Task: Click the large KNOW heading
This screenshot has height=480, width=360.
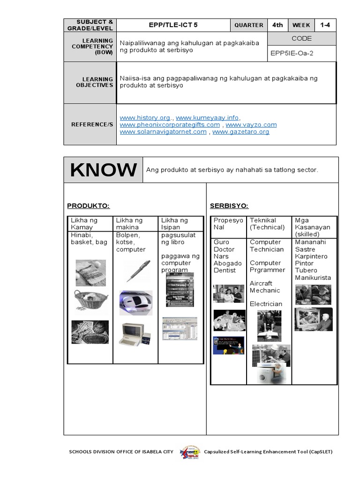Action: pos(104,170)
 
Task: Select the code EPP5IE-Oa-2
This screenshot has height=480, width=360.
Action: pos(292,53)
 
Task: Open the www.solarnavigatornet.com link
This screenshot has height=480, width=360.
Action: pos(163,132)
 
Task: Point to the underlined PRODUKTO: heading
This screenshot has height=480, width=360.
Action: pos(88,206)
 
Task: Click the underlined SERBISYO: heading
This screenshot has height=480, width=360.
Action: pos(229,206)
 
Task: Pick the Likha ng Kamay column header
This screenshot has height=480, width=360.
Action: pos(84,224)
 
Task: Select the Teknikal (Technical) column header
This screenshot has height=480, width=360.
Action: pos(267,224)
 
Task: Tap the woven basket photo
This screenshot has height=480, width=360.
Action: pos(90,300)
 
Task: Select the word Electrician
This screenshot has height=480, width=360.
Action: pos(266,304)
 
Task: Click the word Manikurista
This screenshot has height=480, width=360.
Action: pos(313,277)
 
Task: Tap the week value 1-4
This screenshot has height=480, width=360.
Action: pos(325,25)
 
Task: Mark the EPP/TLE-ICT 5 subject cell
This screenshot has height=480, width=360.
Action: pos(173,25)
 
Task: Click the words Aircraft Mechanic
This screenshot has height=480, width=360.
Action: pos(264,287)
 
